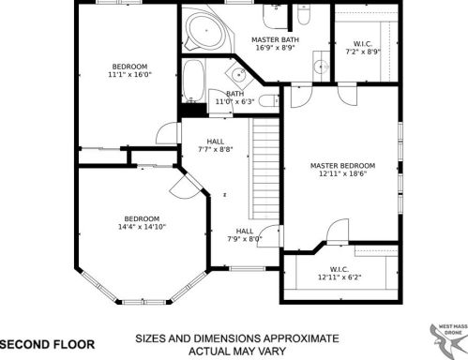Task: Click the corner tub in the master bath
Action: point(199,29)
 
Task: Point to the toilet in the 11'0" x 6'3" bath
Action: point(266,100)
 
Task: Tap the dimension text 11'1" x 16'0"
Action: point(129,75)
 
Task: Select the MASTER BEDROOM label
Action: point(342,165)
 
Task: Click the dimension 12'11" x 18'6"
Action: point(342,174)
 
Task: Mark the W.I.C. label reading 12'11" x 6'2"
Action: point(339,273)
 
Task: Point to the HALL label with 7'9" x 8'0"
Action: point(244,234)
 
